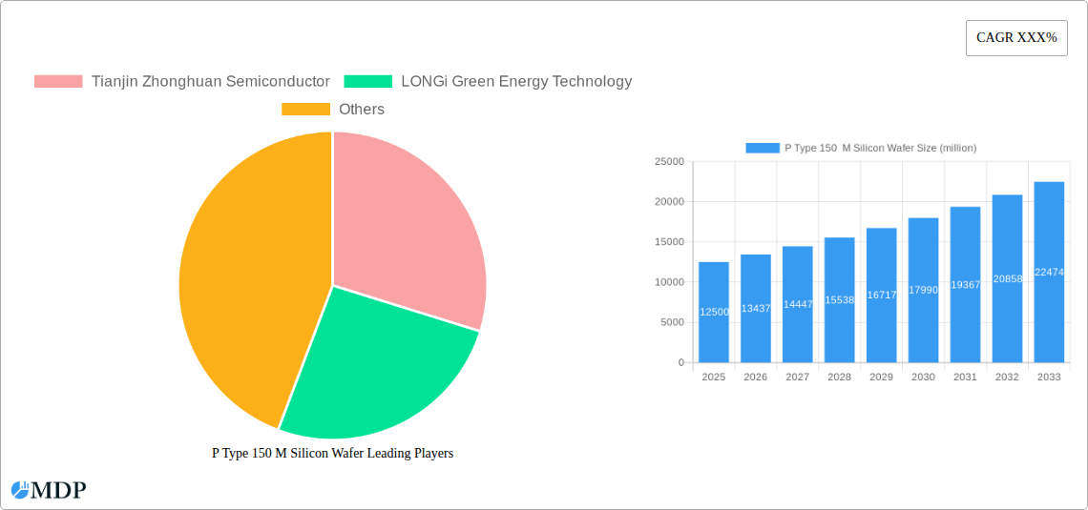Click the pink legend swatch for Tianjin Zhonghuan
(58, 82)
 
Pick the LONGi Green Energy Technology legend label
(516, 82)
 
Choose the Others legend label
(362, 110)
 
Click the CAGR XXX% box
(1016, 38)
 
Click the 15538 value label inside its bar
(840, 300)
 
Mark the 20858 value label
(1007, 279)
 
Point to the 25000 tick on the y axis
(669, 162)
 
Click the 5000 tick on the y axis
(672, 322)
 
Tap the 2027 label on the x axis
(797, 377)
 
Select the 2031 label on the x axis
(965, 377)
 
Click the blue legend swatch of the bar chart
(763, 148)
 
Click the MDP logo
(49, 491)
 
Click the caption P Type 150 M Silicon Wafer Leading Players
(332, 454)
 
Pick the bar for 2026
(756, 309)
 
